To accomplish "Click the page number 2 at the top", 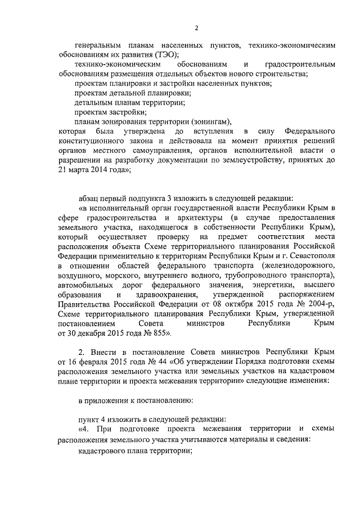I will click(x=196, y=28).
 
